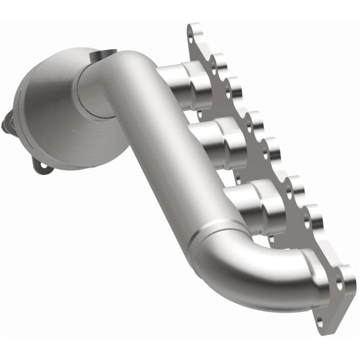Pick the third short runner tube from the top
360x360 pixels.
[252, 200]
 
